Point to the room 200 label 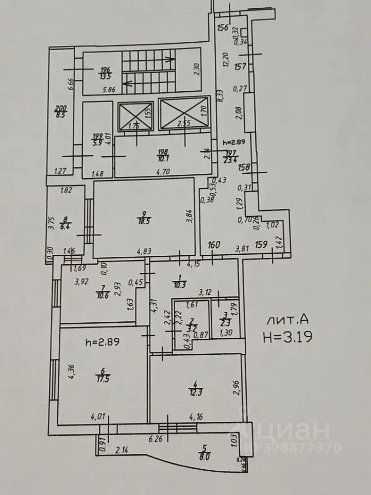pyautogui.click(x=61, y=111)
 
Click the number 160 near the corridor pyautogui.click(x=214, y=244)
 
